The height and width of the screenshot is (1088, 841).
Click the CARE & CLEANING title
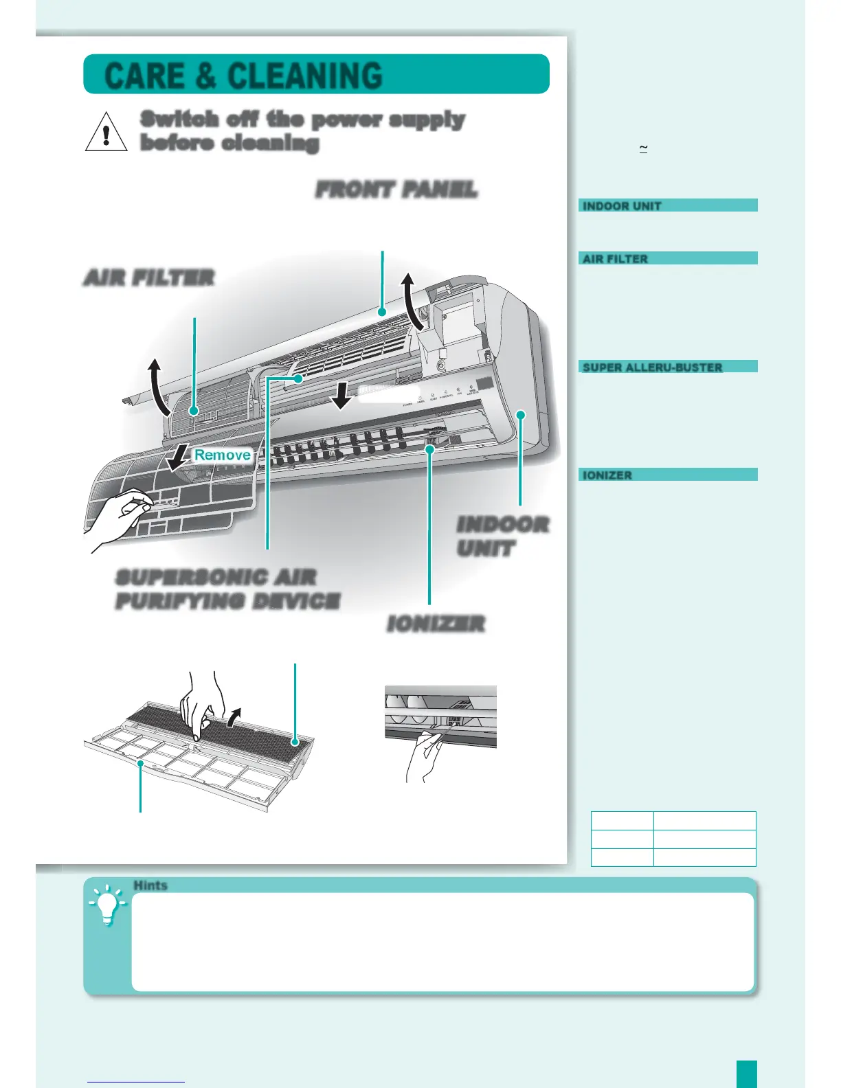point(243,76)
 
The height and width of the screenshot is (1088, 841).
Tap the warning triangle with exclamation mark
point(106,132)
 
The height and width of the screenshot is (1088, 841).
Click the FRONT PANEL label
point(396,190)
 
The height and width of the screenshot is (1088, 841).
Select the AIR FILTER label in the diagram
point(148,277)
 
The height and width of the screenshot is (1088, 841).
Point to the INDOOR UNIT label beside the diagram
point(503,536)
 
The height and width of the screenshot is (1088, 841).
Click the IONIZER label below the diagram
point(436,624)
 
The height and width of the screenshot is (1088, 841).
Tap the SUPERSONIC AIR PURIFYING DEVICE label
point(227,589)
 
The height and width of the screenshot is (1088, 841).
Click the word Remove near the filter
point(222,455)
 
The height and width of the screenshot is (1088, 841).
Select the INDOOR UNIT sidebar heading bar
point(668,205)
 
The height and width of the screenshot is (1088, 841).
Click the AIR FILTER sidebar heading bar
point(668,258)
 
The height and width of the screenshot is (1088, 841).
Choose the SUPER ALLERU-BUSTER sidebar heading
point(668,367)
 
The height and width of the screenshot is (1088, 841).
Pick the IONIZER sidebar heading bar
point(668,475)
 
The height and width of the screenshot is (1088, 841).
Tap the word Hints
point(150,885)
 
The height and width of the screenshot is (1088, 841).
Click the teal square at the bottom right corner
point(747,1074)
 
